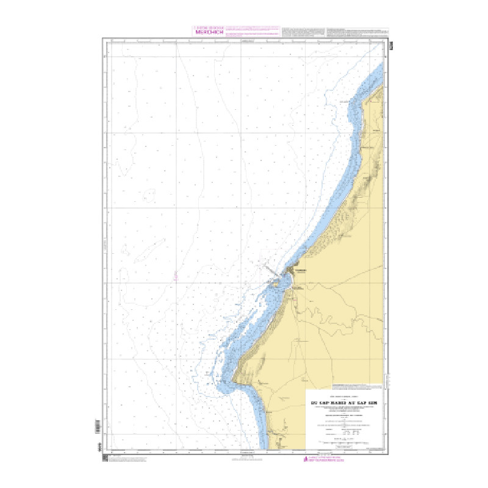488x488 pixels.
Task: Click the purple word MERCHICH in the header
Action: pos(209,34)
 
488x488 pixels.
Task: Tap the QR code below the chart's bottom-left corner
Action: pos(105,457)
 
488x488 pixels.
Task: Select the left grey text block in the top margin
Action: pos(303,33)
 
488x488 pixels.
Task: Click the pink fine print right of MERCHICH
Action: pos(252,33)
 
